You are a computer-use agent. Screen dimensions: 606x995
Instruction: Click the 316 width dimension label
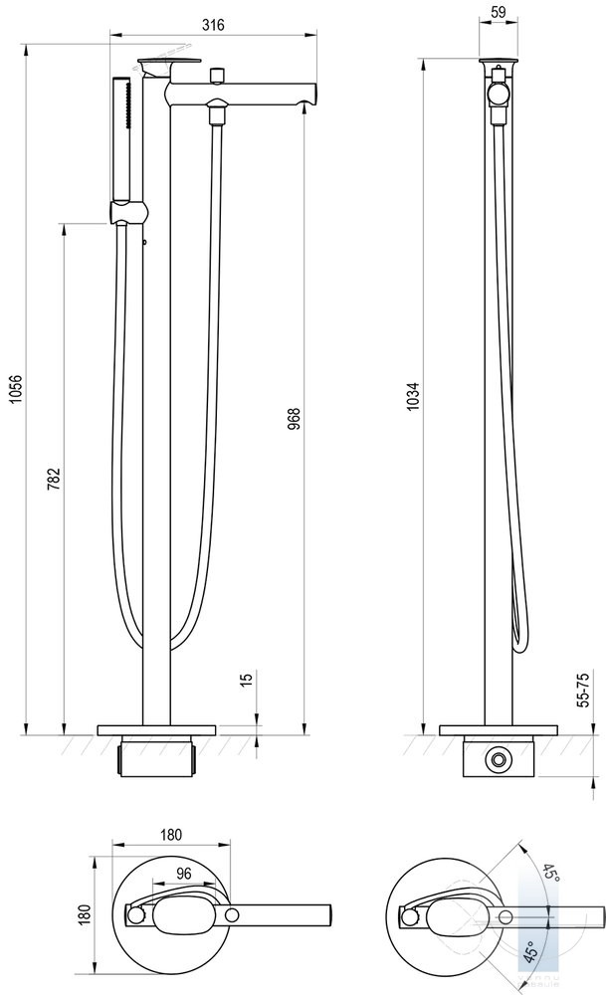214,25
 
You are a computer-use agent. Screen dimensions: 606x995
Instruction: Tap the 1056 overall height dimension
17,389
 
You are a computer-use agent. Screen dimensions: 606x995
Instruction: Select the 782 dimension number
54,479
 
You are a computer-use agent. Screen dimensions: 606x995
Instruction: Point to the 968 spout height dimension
294,419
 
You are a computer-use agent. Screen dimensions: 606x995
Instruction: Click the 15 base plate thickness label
247,677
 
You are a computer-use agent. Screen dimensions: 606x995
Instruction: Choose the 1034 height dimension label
413,396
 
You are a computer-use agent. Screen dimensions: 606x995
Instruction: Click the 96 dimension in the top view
183,874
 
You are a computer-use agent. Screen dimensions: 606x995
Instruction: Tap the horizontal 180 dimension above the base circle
171,835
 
